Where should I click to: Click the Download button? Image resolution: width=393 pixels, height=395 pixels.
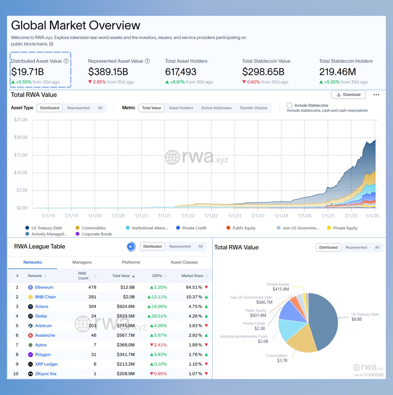click(348, 95)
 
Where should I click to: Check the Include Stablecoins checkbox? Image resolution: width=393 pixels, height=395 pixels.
click(289, 105)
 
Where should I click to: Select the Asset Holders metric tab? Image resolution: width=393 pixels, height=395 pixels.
click(181, 108)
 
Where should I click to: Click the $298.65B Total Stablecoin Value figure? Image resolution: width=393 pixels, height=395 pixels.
click(263, 72)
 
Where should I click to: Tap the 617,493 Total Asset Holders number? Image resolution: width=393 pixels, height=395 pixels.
click(181, 72)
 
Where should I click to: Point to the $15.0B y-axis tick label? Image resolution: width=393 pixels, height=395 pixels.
click(21, 155)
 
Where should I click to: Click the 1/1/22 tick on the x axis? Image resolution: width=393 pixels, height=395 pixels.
click(188, 216)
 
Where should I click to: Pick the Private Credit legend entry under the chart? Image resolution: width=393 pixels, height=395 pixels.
click(194, 228)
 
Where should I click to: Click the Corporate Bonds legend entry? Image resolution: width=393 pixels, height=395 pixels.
click(97, 234)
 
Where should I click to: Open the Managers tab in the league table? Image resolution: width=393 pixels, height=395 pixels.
click(82, 262)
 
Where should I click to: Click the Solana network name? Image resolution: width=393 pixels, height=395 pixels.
click(42, 306)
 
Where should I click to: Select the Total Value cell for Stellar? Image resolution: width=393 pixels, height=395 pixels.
click(125, 316)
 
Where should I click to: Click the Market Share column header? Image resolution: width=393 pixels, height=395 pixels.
click(192, 276)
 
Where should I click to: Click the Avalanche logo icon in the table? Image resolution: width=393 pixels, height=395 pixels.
click(30, 335)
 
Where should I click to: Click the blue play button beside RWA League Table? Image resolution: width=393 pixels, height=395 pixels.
click(131, 247)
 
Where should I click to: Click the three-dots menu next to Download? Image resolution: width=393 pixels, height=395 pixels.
click(376, 95)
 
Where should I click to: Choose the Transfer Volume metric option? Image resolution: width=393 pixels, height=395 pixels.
click(253, 108)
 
